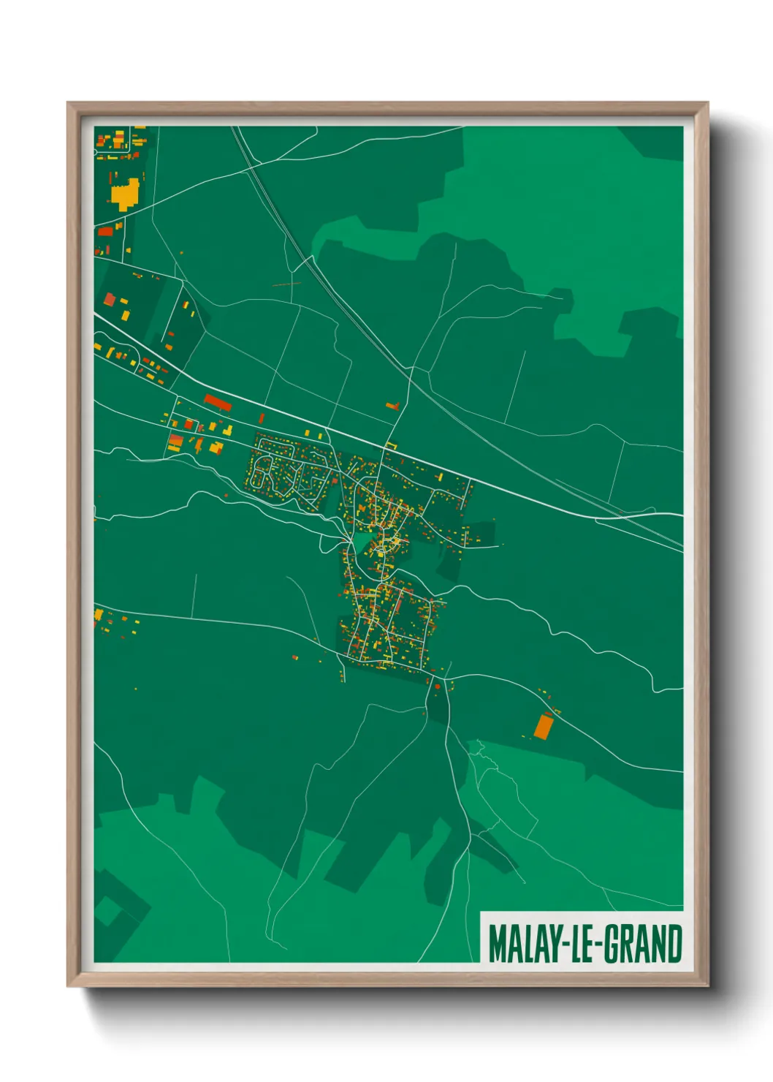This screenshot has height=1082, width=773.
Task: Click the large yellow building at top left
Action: (x=125, y=193)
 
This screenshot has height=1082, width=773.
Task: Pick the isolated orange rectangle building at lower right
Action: (x=543, y=726)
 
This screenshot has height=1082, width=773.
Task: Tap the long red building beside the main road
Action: (x=217, y=402)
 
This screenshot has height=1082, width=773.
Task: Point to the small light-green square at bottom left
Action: (x=108, y=911)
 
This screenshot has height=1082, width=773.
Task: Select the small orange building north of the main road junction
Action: (x=392, y=404)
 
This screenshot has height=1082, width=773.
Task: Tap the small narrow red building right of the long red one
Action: (x=262, y=417)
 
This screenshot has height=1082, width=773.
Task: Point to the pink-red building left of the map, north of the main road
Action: (x=110, y=299)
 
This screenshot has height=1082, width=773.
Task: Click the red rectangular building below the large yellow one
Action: (x=107, y=232)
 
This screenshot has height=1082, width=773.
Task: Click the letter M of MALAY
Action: (x=497, y=944)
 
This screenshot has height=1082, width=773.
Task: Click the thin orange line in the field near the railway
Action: (x=287, y=284)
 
